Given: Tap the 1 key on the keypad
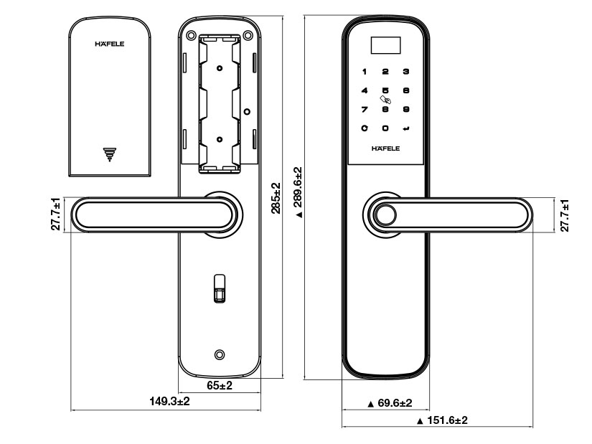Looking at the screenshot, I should coord(365,72).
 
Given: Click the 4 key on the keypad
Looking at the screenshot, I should coord(365,90).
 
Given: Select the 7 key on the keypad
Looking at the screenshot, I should coord(365,110).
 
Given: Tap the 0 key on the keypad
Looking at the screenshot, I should coord(385,128).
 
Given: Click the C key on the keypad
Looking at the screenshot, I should coord(365,128).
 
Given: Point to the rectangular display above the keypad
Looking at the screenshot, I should coord(385,47).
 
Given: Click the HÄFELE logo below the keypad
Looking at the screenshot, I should coord(385,149).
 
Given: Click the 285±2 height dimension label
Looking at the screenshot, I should coord(276,197).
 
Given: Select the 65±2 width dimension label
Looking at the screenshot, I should coord(220,386).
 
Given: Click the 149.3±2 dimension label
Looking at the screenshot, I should coord(169,401).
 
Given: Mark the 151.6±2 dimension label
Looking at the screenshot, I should coord(441,420).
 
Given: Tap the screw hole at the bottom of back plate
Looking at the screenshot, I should coord(220,354).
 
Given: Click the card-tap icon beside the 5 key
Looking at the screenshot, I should coord(387,100).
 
